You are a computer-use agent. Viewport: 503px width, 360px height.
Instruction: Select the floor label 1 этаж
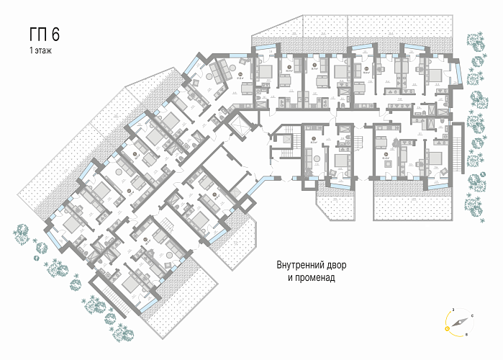click(41, 52)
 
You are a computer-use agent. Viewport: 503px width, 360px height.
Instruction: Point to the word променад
click(314, 276)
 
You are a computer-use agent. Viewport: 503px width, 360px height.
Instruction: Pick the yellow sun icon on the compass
click(448, 328)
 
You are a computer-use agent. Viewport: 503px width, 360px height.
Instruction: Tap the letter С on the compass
click(471, 316)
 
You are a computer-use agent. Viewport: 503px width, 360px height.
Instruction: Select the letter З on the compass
click(453, 308)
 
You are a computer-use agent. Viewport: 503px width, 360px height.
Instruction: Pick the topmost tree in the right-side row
click(475, 39)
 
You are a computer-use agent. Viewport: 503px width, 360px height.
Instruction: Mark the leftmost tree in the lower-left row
click(20, 232)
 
